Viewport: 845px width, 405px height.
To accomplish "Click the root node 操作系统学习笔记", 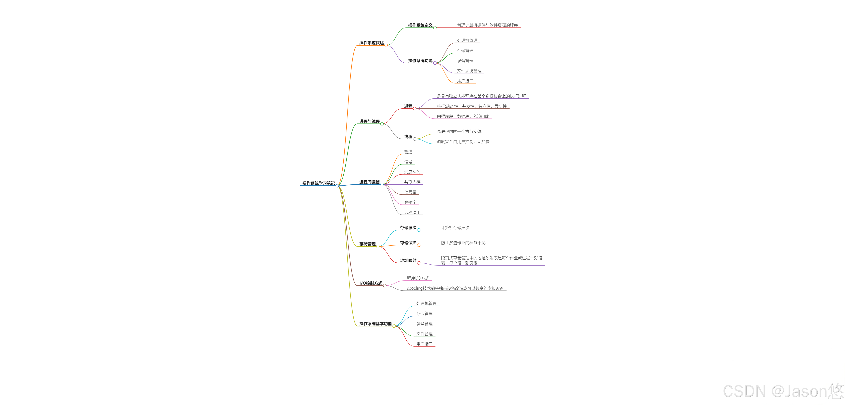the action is [x=318, y=183].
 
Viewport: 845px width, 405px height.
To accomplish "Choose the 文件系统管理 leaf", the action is [x=469, y=71].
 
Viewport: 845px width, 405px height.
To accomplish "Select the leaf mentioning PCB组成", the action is [x=463, y=116].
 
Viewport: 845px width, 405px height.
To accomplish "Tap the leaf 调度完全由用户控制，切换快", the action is [x=463, y=142].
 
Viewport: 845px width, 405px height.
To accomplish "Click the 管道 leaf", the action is [x=408, y=152].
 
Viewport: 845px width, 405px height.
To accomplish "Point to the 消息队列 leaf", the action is [x=412, y=172].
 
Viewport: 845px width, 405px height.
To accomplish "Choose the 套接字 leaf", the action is [x=410, y=202].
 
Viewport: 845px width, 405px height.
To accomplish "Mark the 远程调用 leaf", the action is [x=412, y=212].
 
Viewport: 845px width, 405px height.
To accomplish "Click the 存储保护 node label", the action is [x=408, y=243].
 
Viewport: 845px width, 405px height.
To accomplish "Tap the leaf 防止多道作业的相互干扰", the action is [x=463, y=243].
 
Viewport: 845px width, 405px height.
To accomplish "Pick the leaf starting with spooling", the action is [x=455, y=288].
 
